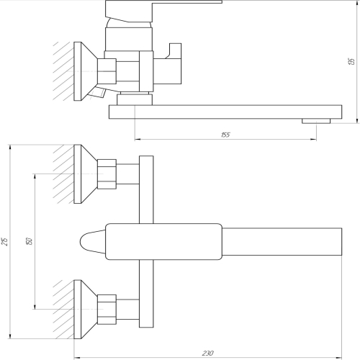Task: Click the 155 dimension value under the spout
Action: tap(225, 135)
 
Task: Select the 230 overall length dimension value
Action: tap(207, 353)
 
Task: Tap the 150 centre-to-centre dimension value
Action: tap(29, 241)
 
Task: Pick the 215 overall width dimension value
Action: tap(5, 241)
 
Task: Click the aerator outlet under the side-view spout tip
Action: tap(316, 121)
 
